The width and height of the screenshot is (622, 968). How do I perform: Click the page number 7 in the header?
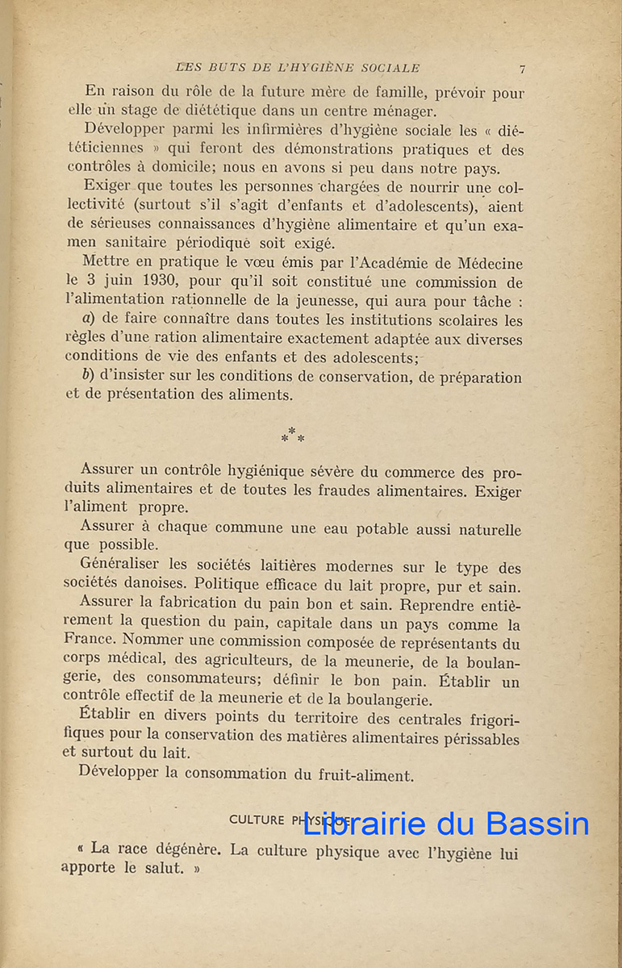point(523,69)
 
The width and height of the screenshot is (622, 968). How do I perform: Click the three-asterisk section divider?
point(293,436)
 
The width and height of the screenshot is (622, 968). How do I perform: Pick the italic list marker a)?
point(90,320)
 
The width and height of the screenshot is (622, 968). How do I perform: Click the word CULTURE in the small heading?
point(257,820)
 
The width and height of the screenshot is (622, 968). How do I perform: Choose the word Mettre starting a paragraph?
point(106,264)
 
